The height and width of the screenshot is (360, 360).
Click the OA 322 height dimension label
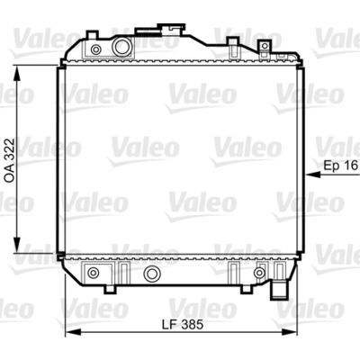click(9, 160)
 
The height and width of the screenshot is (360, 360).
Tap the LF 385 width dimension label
click(183, 324)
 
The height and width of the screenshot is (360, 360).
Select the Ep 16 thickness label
click(341, 165)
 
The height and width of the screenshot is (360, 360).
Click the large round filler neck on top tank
click(121, 47)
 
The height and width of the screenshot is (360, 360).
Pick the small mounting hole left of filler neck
click(95, 49)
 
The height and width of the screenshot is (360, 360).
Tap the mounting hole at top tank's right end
click(265, 46)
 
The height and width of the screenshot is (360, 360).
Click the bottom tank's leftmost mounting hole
click(93, 273)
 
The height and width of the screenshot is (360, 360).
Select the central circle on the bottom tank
click(152, 273)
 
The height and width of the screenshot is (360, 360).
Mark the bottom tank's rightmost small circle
click(259, 273)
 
